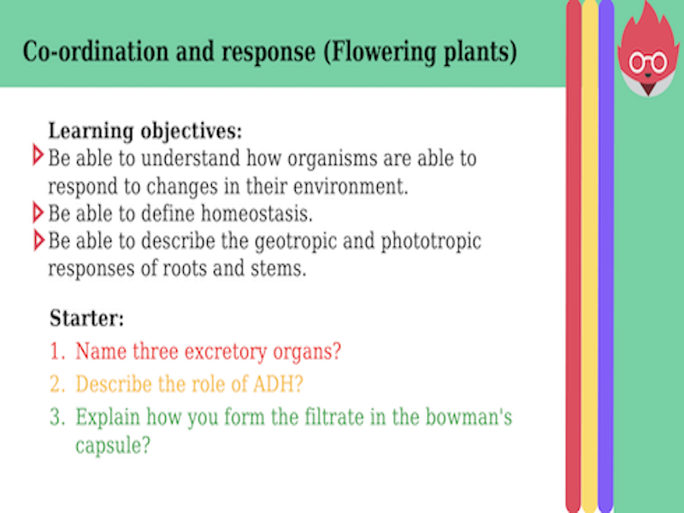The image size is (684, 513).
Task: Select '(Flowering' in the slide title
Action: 374,53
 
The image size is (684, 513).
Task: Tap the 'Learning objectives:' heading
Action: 145,132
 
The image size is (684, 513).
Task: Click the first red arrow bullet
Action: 37,156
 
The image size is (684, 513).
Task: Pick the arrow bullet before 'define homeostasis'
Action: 37,211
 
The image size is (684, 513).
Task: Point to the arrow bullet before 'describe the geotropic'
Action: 37,240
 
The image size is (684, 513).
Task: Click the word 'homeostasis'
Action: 259,213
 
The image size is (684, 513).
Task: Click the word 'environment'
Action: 359,186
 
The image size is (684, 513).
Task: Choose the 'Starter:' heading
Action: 87,319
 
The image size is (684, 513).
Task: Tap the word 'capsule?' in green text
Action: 113,446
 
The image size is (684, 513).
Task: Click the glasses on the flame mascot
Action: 647,62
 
